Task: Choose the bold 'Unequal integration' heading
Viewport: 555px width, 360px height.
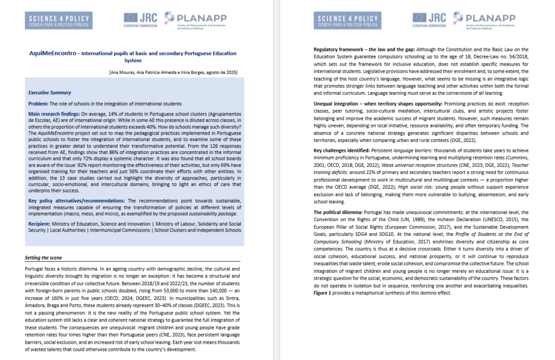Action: (x=339, y=104)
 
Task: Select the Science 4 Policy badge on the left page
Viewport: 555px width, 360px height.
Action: (x=60, y=20)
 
